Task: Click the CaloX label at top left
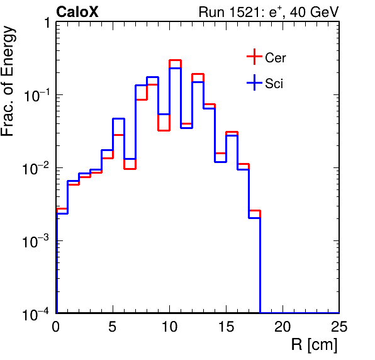pyautogui.click(x=77, y=12)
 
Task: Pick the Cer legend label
pyautogui.click(x=275, y=58)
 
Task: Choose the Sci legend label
pyautogui.click(x=274, y=84)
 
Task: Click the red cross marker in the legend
pyautogui.click(x=254, y=57)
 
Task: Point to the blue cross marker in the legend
pyautogui.click(x=254, y=82)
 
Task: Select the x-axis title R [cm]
pyautogui.click(x=314, y=345)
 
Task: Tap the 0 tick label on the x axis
pyautogui.click(x=56, y=326)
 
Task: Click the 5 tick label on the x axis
pyautogui.click(x=113, y=326)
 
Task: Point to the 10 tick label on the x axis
pyautogui.click(x=169, y=326)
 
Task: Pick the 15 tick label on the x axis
pyautogui.click(x=227, y=326)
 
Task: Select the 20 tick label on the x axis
pyautogui.click(x=283, y=326)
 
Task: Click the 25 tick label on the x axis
pyautogui.click(x=339, y=326)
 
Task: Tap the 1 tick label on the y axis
pyautogui.click(x=47, y=23)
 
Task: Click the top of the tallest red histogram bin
pyautogui.click(x=176, y=60)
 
